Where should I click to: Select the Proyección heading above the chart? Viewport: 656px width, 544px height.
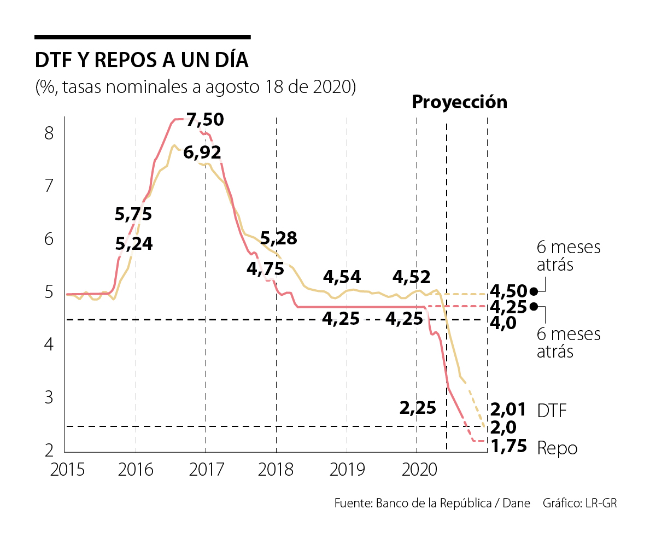pyautogui.click(x=459, y=102)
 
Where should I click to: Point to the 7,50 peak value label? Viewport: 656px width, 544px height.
pyautogui.click(x=204, y=120)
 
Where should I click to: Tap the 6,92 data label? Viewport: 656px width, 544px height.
pyautogui.click(x=202, y=153)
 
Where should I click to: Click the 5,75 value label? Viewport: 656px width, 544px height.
pyautogui.click(x=133, y=214)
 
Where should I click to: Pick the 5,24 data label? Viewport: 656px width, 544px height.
pyautogui.click(x=134, y=244)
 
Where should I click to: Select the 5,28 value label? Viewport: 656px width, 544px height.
pyautogui.click(x=278, y=238)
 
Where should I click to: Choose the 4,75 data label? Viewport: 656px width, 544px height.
pyautogui.click(x=265, y=269)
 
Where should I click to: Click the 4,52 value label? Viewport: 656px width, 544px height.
pyautogui.click(x=412, y=277)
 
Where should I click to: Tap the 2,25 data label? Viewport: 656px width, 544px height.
pyautogui.click(x=417, y=407)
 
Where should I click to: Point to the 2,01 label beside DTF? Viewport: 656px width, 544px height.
pyautogui.click(x=508, y=410)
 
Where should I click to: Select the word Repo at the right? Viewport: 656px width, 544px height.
pyautogui.click(x=557, y=448)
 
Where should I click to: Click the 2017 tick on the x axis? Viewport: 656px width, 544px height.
pyautogui.click(x=206, y=470)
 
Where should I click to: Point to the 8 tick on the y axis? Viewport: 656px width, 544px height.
pyautogui.click(x=49, y=133)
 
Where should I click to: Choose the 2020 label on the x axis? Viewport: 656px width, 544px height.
pyautogui.click(x=417, y=470)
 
